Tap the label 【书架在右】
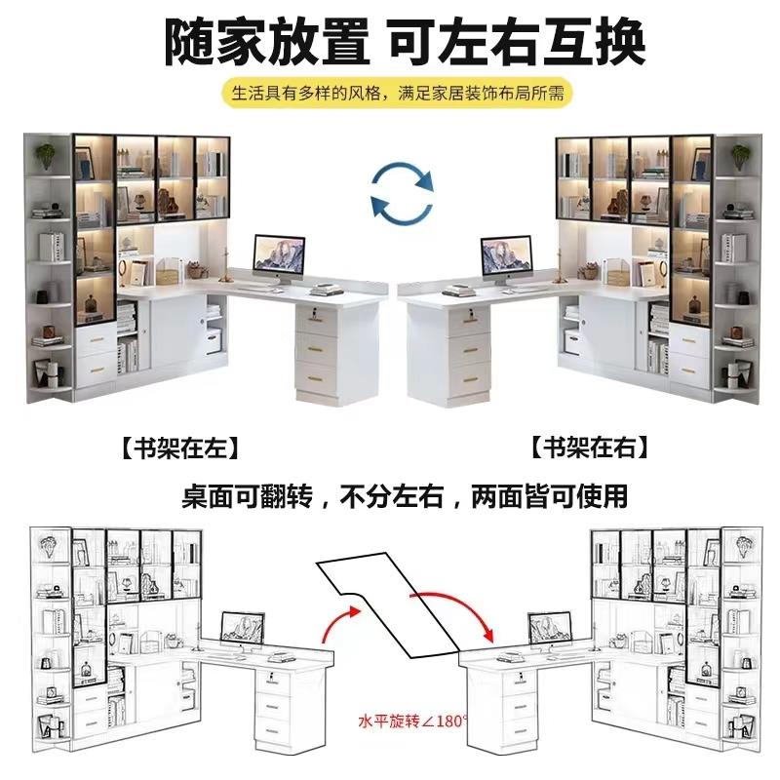pos(590,449)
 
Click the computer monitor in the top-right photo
pos(506,255)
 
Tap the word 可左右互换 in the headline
pos(517,42)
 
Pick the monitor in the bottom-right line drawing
pos(550,629)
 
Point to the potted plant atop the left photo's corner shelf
pos(47,154)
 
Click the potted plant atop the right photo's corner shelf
pos(740,154)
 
